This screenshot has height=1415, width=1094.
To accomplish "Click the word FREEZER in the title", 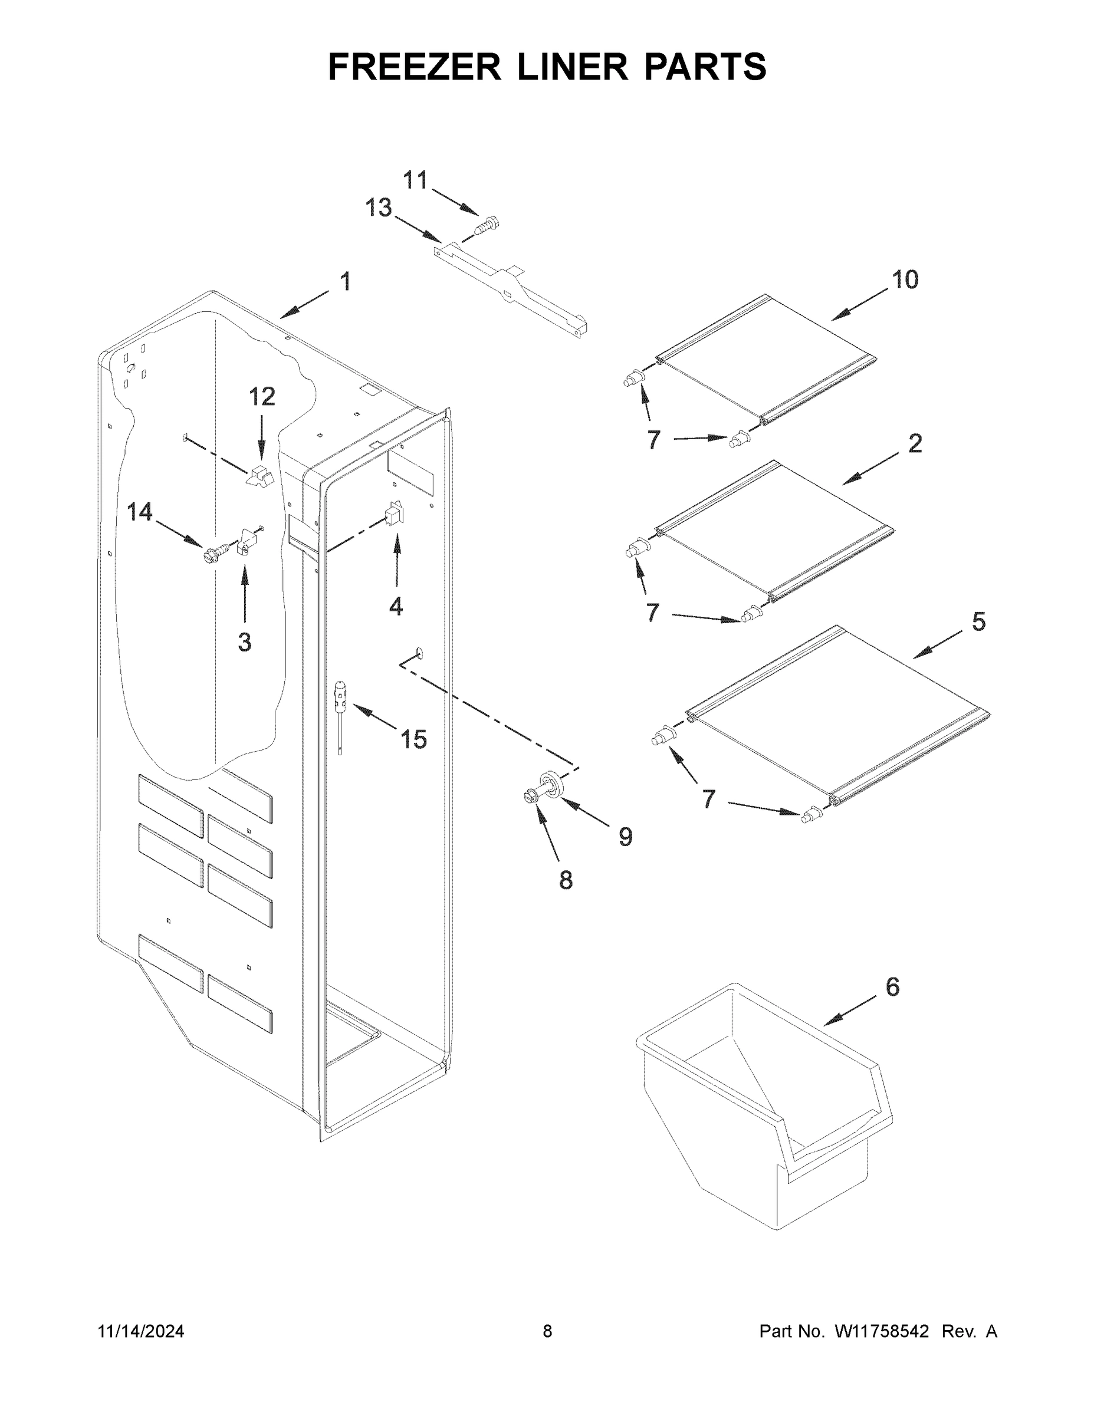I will point(415,67).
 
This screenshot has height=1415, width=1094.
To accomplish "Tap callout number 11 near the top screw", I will point(415,180).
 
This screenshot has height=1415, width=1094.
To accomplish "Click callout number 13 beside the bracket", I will point(379,208).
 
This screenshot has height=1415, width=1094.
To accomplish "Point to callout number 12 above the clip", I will point(262,397).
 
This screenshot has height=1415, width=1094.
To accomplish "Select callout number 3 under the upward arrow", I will point(244,642).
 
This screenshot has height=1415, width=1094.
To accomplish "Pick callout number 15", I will point(413,739).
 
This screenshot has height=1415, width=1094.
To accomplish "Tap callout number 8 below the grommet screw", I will point(566,880).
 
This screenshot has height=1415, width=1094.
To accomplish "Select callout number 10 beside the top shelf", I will point(905,280).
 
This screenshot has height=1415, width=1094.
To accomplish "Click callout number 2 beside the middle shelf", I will point(915,444).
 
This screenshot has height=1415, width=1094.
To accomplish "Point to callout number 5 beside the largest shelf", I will point(978,622).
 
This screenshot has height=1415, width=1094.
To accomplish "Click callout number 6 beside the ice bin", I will point(892,987).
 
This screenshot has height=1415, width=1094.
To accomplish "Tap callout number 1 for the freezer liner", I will point(346,282).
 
